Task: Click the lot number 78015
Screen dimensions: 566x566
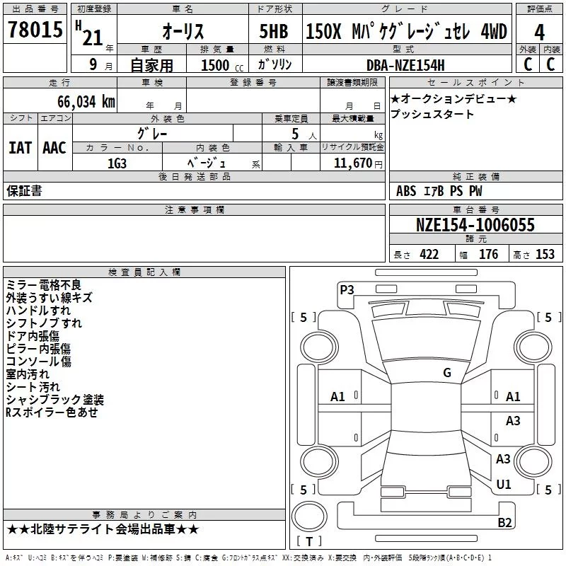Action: (35, 29)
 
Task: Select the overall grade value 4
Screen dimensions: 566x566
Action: (539, 33)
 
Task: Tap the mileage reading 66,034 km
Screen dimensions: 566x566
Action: (86, 102)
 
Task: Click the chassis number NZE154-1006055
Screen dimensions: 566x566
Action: (475, 225)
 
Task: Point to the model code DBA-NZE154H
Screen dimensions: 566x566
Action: (405, 65)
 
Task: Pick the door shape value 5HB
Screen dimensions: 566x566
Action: (274, 31)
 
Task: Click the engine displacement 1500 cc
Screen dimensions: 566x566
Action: (222, 65)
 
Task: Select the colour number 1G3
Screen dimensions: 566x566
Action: (117, 163)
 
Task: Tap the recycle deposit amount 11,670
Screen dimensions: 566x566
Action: (352, 163)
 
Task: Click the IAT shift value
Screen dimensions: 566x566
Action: (21, 148)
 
